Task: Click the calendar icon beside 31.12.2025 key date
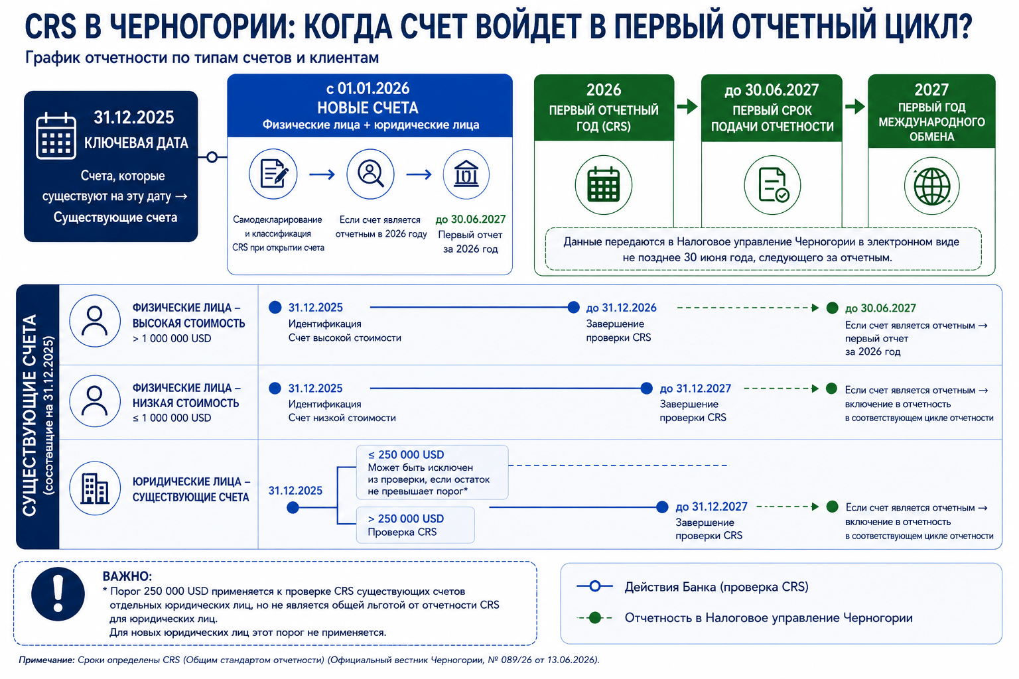click(56, 135)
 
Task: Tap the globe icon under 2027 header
click(931, 186)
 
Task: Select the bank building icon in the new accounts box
click(466, 174)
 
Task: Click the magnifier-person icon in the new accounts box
click(370, 174)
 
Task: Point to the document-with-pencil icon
click(273, 174)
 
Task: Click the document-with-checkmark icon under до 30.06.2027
click(772, 185)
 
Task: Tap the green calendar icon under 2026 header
click(603, 185)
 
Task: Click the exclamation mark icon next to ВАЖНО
click(58, 594)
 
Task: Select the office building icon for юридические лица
click(95, 489)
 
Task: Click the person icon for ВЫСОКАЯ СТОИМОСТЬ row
click(95, 321)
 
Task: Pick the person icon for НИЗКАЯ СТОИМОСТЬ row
click(95, 401)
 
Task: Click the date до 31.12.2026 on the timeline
click(621, 308)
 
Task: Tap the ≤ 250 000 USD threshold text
click(406, 455)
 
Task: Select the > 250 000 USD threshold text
click(406, 519)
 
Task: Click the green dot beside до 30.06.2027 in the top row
click(832, 308)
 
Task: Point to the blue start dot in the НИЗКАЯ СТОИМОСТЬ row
click(275, 389)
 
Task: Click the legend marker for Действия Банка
click(594, 586)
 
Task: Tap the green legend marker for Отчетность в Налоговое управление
click(594, 617)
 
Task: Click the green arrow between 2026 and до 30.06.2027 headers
click(687, 107)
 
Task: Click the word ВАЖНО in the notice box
click(127, 576)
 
